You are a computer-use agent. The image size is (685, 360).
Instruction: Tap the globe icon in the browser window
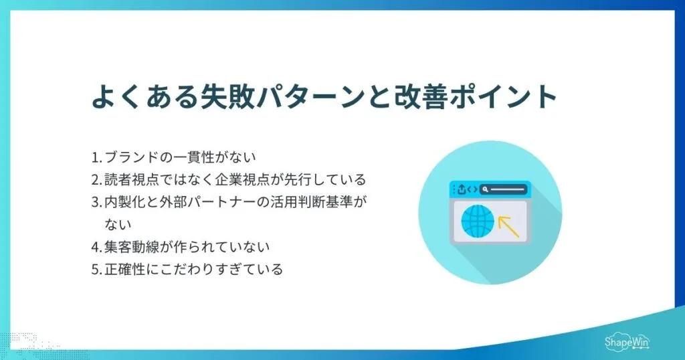coord(478,221)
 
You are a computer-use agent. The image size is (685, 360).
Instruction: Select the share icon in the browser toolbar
coord(462,189)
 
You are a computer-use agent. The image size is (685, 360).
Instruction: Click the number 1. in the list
coord(96,157)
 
